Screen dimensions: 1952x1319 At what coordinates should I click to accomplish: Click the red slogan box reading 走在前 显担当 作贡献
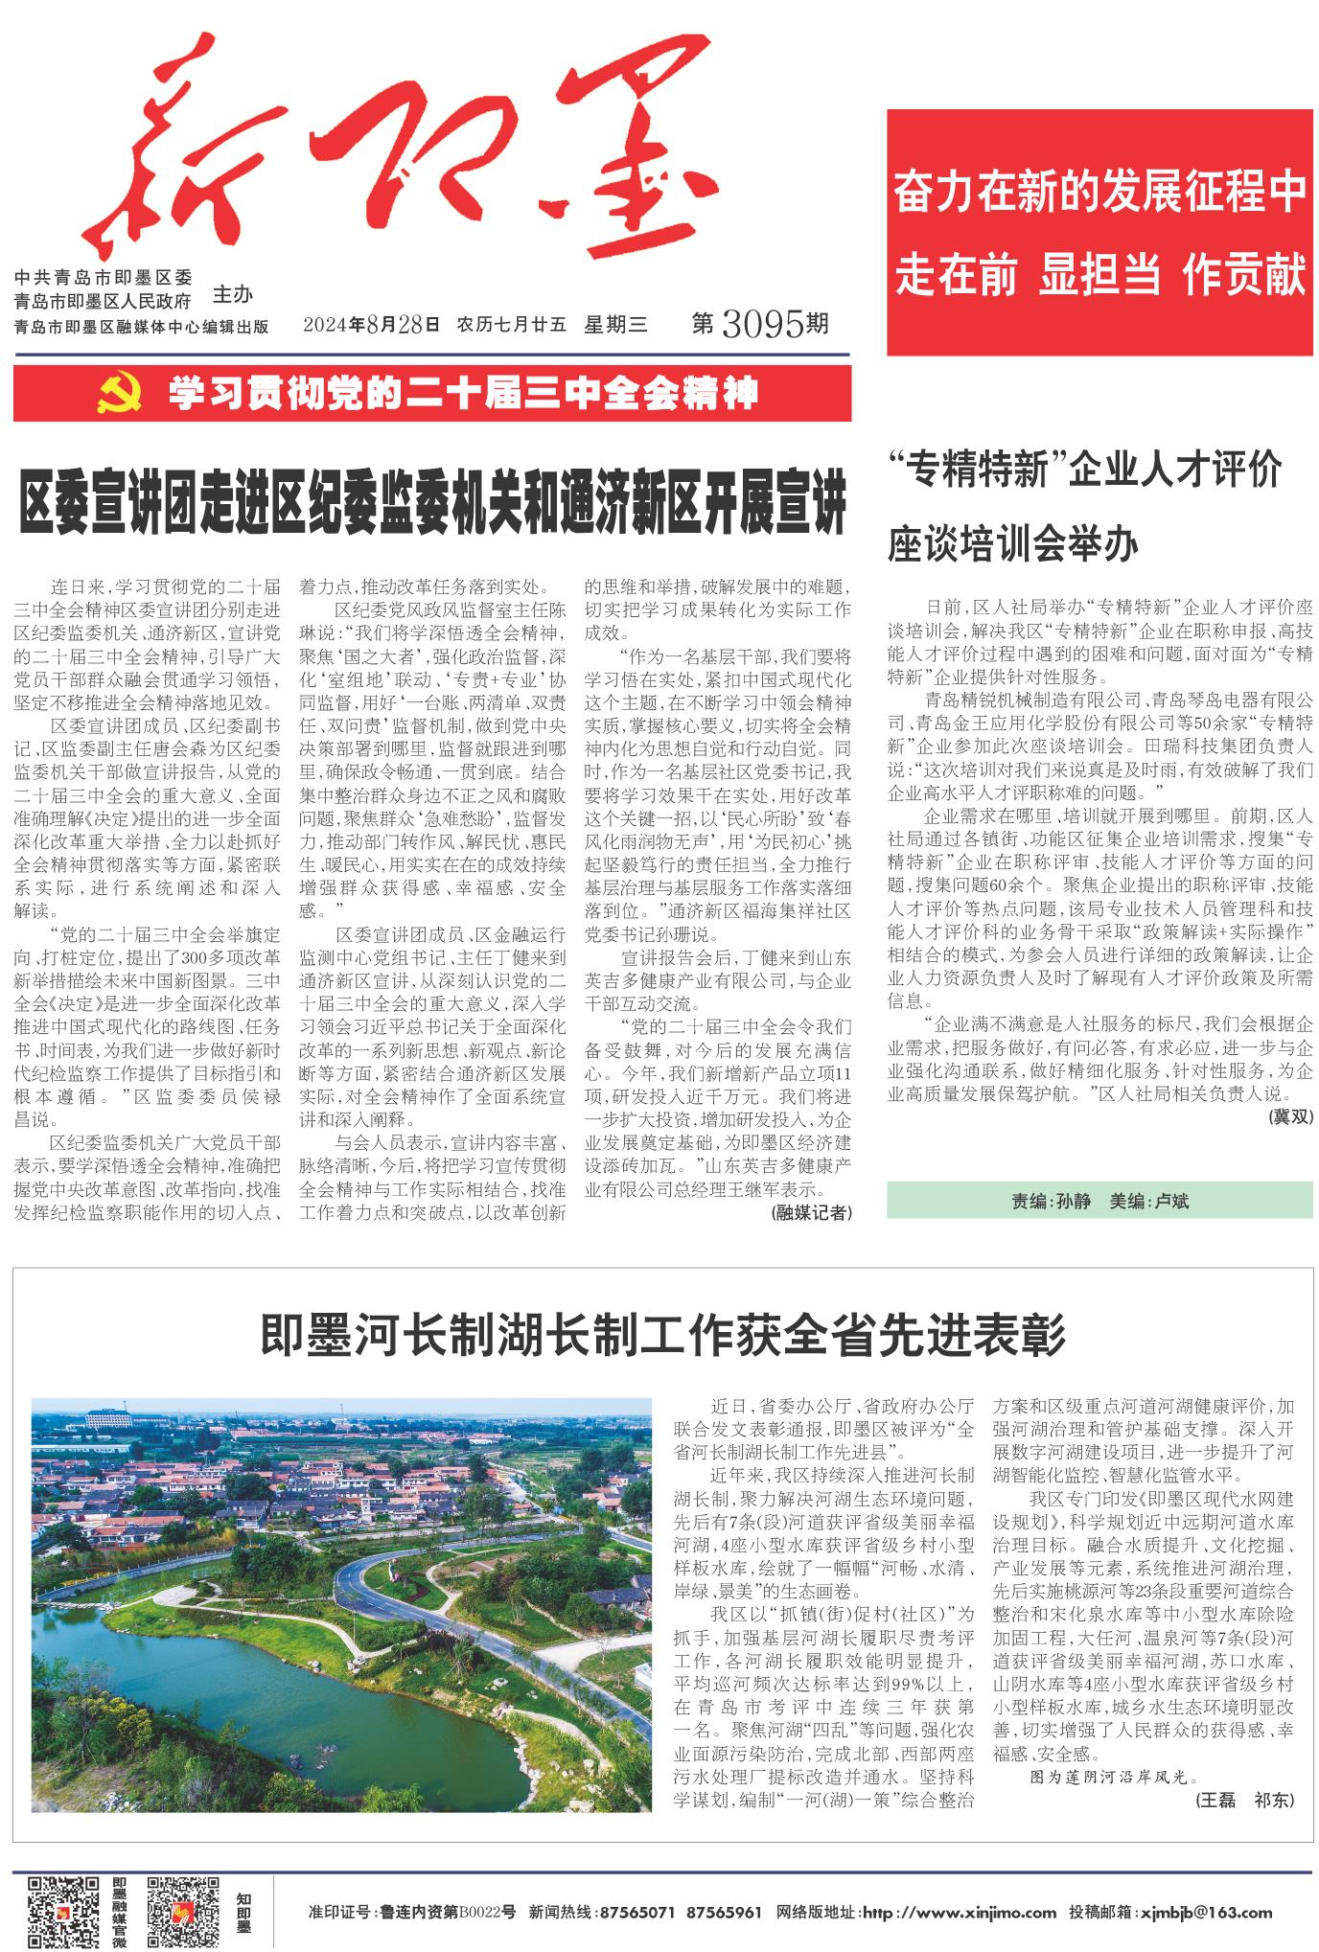coord(1099,276)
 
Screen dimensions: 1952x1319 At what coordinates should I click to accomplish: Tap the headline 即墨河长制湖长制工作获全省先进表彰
coord(662,1334)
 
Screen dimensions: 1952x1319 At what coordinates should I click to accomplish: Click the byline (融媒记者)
coord(810,1212)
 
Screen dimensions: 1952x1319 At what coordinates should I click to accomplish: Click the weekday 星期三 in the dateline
coord(615,325)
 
